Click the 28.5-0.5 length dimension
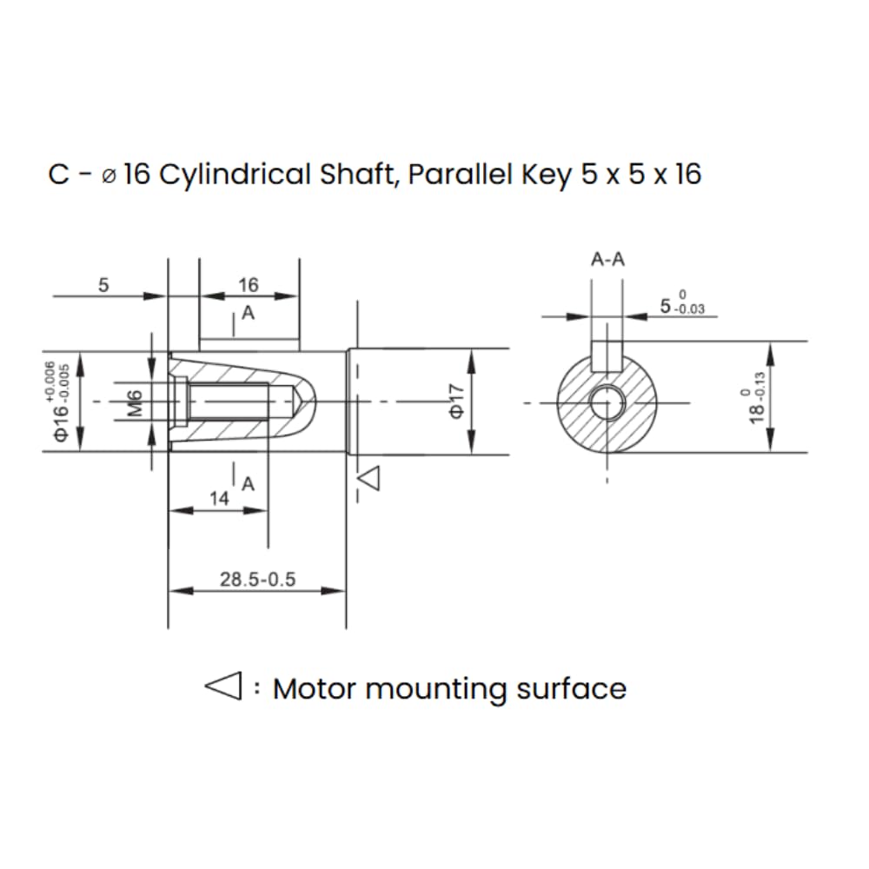(x=258, y=579)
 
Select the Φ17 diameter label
(x=455, y=401)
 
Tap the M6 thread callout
(x=135, y=403)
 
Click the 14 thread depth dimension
(x=219, y=498)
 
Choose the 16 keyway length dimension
(x=249, y=285)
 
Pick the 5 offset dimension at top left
(x=103, y=285)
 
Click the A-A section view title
(x=607, y=259)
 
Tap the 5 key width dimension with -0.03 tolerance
(x=682, y=304)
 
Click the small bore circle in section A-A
(x=607, y=402)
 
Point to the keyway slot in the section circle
(x=607, y=356)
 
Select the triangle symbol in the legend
(x=224, y=687)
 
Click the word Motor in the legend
(x=315, y=689)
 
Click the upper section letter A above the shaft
(x=249, y=313)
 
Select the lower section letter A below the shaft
(x=249, y=484)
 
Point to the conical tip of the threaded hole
(x=296, y=401)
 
